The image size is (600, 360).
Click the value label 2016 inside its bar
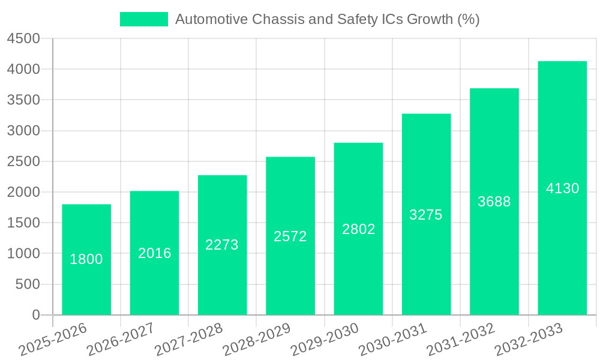tap(155, 253)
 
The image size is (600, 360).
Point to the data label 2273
tap(222, 245)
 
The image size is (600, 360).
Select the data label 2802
tap(359, 229)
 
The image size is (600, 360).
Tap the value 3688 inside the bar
tap(494, 202)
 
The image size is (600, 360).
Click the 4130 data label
tap(563, 188)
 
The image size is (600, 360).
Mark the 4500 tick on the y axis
tap(23, 39)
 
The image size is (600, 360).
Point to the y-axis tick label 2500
tap(23, 161)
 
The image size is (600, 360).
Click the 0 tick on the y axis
tap(35, 315)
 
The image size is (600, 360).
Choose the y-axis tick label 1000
tap(23, 254)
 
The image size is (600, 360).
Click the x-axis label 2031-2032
tap(461, 340)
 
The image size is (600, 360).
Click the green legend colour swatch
tap(144, 19)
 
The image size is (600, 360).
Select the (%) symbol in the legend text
tap(468, 19)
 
